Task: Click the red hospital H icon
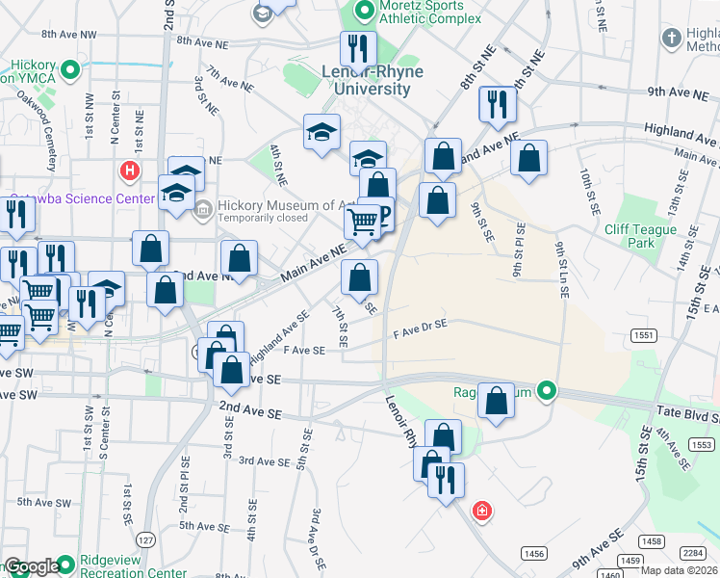tap(129, 171)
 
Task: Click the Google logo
tap(32, 566)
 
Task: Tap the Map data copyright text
tap(679, 569)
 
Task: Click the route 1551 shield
tap(644, 334)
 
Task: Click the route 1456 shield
tap(535, 552)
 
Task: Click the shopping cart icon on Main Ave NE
tap(362, 223)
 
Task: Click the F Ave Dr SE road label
tap(421, 330)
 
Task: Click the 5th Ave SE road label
tap(201, 526)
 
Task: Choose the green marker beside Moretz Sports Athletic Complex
tap(364, 12)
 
